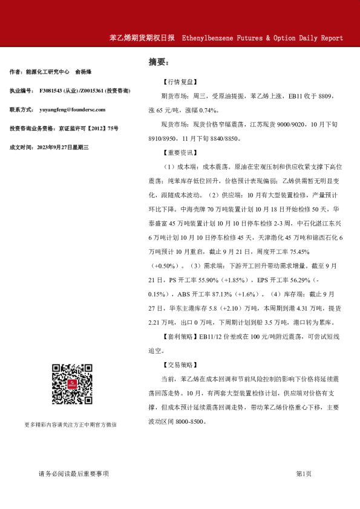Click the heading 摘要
coord(158,62)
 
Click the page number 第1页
coord(304,473)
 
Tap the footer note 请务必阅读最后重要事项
coord(73,473)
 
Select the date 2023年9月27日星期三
coord(63,147)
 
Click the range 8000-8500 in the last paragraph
coord(188,422)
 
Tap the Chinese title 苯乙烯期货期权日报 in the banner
coord(142,38)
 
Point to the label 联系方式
coord(22,109)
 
